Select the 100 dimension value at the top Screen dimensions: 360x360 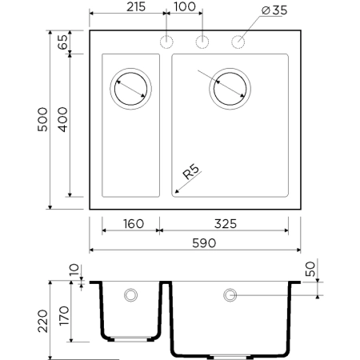pyautogui.click(x=185, y=8)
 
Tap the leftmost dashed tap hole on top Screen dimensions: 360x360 pyautogui.click(x=167, y=42)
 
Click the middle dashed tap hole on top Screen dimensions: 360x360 pyautogui.click(x=203, y=42)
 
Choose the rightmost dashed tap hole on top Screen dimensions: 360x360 pyautogui.click(x=238, y=42)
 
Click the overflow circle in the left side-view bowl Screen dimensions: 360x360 pyautogui.click(x=130, y=295)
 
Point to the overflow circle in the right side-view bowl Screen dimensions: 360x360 pyautogui.click(x=230, y=295)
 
